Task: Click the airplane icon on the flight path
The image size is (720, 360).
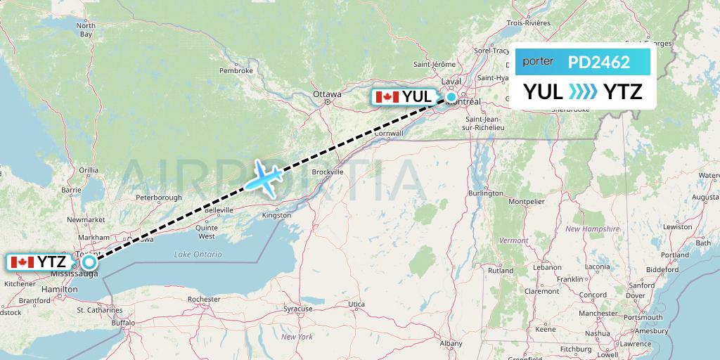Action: pos(264,177)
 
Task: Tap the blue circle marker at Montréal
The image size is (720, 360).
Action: pos(451,97)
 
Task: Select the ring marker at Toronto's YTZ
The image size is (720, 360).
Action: pos(89,262)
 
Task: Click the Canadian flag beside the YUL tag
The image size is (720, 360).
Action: pos(387,97)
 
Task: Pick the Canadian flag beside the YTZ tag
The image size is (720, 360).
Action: pos(22,262)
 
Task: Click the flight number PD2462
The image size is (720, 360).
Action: pos(599,62)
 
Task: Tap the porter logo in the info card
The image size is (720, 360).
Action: pos(538,62)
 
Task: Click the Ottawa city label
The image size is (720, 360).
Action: pos(327,94)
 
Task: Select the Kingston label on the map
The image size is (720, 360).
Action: pos(276,215)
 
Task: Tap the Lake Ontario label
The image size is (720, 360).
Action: pos(199,255)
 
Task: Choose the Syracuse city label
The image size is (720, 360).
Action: pos(297,309)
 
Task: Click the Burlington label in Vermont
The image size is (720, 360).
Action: pos(485,193)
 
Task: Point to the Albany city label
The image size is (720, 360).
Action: pos(451,343)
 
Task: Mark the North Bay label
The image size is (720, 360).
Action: pos(85,30)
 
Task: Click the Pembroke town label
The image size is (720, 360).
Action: pos(236,70)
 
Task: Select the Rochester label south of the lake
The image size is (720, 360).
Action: pos(204,299)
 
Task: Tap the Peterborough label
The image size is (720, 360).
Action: pos(159,198)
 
